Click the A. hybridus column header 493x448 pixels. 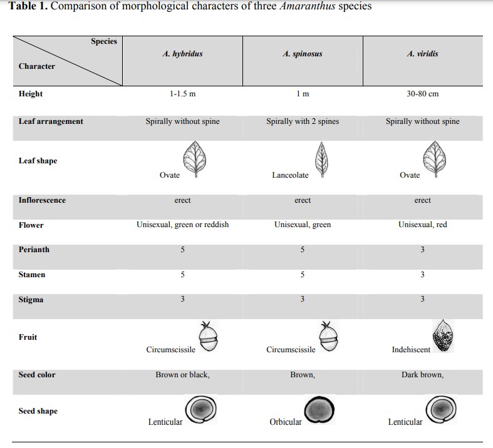[182, 54]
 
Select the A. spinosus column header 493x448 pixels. [303, 54]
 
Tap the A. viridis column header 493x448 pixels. [422, 54]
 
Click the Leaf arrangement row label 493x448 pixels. [51, 121]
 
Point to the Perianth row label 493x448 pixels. [34, 250]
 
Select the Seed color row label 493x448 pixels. [37, 375]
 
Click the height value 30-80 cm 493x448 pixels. [422, 94]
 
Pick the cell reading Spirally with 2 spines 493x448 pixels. [303, 121]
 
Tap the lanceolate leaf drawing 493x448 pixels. [323, 159]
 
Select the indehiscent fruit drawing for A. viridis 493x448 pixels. [443, 337]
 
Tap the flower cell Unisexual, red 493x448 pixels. [422, 225]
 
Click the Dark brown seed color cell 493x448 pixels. [422, 375]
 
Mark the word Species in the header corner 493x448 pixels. [104, 41]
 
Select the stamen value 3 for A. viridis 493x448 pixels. [422, 275]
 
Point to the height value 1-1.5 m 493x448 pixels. [182, 94]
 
